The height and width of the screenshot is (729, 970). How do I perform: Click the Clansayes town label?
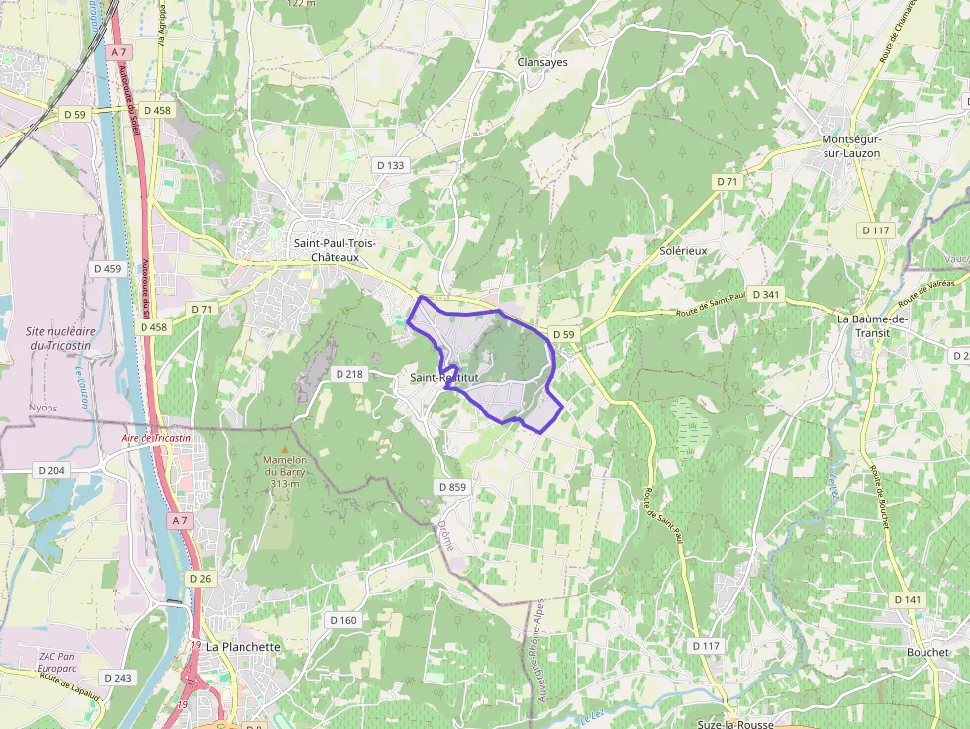[x=542, y=62]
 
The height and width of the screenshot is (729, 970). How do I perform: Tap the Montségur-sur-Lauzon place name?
[x=851, y=146]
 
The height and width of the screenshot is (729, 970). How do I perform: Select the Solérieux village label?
[x=683, y=251]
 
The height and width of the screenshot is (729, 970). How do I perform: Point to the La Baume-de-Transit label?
[x=872, y=325]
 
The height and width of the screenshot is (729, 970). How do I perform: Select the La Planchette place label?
[x=243, y=646]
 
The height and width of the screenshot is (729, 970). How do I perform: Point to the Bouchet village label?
[x=927, y=652]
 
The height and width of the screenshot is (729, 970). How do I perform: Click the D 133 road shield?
[x=390, y=165]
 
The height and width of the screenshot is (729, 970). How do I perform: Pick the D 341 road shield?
[x=766, y=294]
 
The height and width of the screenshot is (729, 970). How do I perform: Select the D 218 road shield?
[x=349, y=374]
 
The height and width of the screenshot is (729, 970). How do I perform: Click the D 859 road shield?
[x=451, y=487]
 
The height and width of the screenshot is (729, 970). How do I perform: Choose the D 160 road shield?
[x=341, y=620]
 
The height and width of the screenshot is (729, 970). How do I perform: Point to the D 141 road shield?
[x=907, y=600]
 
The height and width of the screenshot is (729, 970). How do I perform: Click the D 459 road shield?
[x=107, y=268]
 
